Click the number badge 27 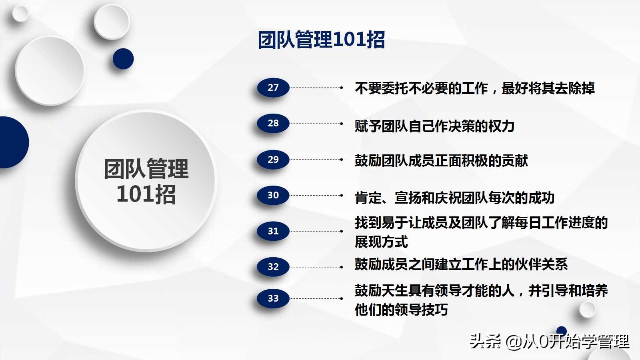(x=273, y=88)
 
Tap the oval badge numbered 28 (x=273, y=123)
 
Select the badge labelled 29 (x=273, y=160)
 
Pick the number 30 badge (x=273, y=195)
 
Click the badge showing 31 (x=273, y=231)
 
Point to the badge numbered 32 (x=273, y=267)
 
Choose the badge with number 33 (x=273, y=298)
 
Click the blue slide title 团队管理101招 (x=321, y=40)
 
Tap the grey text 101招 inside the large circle (x=146, y=194)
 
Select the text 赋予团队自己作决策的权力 (x=434, y=126)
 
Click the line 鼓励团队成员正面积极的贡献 (x=441, y=161)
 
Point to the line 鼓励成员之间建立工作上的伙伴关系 (x=461, y=264)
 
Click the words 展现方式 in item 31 (x=381, y=242)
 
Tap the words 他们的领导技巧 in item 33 (x=401, y=310)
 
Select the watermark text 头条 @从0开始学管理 (x=549, y=341)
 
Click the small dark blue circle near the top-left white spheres (x=123, y=59)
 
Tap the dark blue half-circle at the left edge (x=12, y=142)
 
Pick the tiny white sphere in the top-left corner (x=20, y=14)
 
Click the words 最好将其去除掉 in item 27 (x=548, y=88)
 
